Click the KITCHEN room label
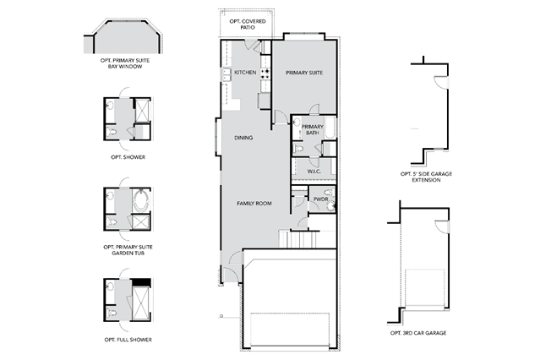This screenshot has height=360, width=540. (x=245, y=73)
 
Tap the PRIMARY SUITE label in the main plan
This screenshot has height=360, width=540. (x=304, y=73)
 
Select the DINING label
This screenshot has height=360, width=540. (x=243, y=138)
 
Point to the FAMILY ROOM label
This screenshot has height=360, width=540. (x=254, y=204)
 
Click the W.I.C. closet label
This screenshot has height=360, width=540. (x=314, y=172)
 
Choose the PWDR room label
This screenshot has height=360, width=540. (x=320, y=199)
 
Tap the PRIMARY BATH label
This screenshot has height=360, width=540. (x=313, y=129)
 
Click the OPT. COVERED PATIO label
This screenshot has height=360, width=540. (x=248, y=25)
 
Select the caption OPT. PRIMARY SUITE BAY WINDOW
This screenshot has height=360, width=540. (x=125, y=63)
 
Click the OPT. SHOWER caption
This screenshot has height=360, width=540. (x=128, y=157)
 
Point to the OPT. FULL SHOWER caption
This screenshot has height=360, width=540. (x=128, y=340)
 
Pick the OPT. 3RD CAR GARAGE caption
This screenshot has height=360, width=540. (x=418, y=333)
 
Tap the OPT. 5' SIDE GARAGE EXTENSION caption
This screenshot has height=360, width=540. (x=427, y=177)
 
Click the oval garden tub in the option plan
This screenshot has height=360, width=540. (x=140, y=200)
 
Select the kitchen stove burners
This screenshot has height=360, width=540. (x=265, y=73)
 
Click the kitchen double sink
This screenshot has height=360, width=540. (x=226, y=74)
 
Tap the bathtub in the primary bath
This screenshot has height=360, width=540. (x=330, y=128)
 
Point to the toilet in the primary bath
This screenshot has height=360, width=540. (x=298, y=149)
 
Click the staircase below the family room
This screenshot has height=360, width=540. (x=298, y=239)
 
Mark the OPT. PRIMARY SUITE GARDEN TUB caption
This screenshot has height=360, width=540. (x=128, y=250)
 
